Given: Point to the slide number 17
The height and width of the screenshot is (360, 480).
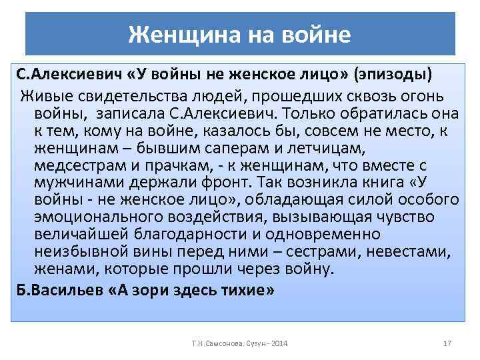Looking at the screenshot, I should (447, 343).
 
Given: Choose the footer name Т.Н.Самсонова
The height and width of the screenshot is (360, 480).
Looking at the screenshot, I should (212, 343).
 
